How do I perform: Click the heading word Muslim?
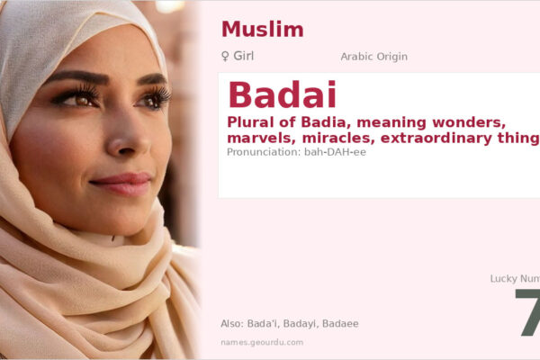coord(262,29)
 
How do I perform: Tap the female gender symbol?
coord(225,57)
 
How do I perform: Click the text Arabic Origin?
coord(373,57)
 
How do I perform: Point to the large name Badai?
coord(282,95)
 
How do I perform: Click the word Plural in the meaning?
coord(253,122)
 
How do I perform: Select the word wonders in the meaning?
coord(490,122)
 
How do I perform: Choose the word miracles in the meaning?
coord(338,138)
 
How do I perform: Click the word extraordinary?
coord(450,138)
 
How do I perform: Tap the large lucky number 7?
coord(529,313)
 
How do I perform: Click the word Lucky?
coord(506,279)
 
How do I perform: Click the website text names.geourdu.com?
coord(261,342)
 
